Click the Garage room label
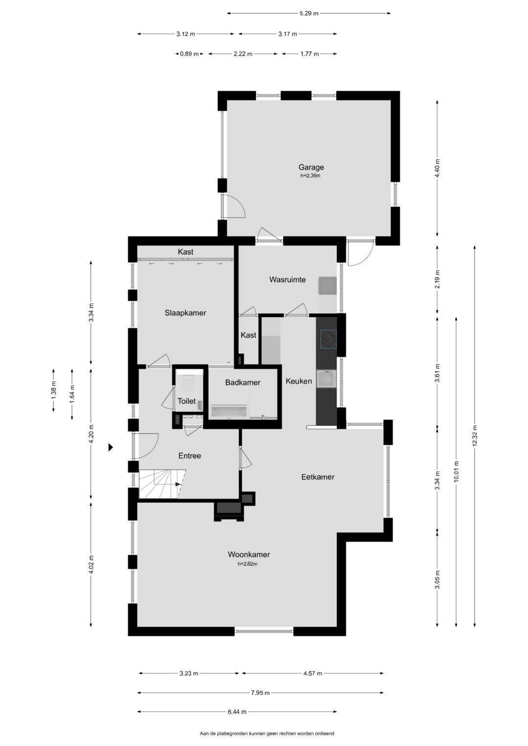click(311, 167)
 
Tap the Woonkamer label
click(248, 554)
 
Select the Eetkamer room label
click(317, 477)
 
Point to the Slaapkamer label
click(185, 313)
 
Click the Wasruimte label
click(287, 279)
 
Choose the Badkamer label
click(242, 383)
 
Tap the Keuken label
click(299, 381)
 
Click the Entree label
click(189, 456)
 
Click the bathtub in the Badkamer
click(230, 411)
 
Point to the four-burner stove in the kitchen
click(328, 339)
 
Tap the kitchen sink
click(326, 379)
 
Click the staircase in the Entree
click(162, 484)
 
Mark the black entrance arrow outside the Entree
click(111, 447)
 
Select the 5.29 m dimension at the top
click(308, 13)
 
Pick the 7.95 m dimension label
click(260, 692)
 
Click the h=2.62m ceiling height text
click(247, 564)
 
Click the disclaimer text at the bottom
click(266, 733)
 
